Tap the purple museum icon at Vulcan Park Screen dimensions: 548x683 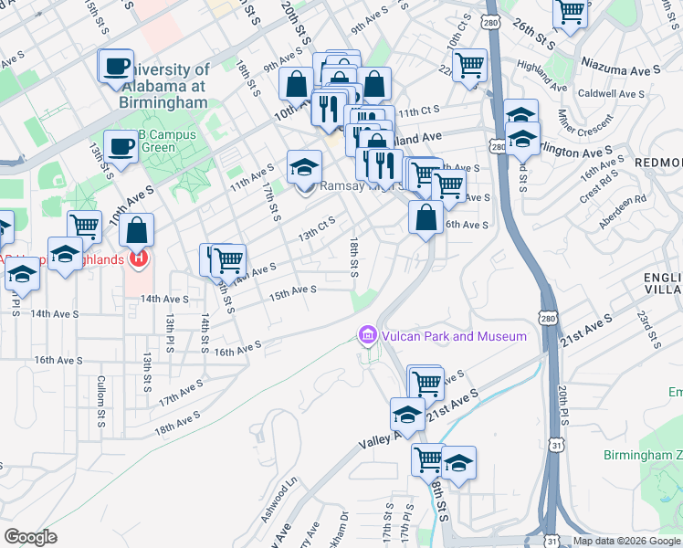pos(368,336)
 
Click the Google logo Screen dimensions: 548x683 pos(30,537)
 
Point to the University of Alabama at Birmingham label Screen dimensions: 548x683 pos(164,86)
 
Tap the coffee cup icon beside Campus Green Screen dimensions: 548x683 pos(120,145)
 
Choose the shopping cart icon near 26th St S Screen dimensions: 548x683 pos(570,13)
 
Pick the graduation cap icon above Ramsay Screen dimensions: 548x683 pos(304,167)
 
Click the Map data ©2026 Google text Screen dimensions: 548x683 pos(627,541)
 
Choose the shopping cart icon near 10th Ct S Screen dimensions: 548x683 pos(469,65)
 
